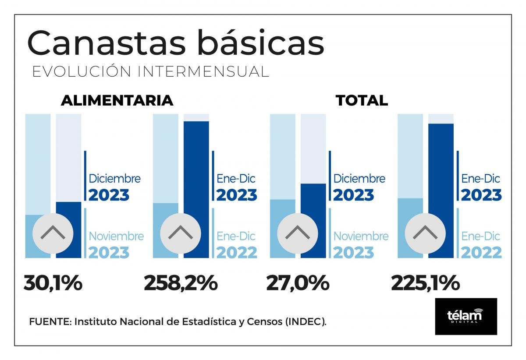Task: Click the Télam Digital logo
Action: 466,316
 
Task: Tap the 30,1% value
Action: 53,283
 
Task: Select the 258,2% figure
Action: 181,283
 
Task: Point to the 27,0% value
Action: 298,283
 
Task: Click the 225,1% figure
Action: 425,283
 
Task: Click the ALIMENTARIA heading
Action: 117,100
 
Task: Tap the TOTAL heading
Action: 362,100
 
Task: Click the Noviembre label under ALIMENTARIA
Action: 116,236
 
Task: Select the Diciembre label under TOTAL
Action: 359,179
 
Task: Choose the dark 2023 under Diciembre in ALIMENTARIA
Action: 109,195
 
